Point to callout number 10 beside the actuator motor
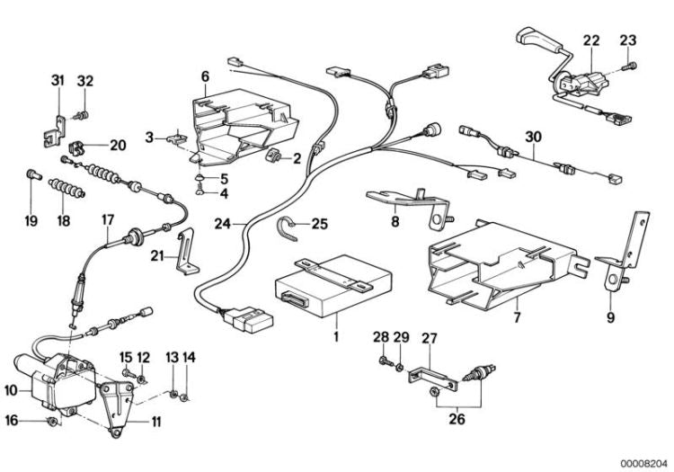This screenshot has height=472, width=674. click(x=11, y=389)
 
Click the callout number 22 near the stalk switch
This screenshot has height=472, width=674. click(x=590, y=40)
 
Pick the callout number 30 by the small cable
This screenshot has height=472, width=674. click(x=534, y=137)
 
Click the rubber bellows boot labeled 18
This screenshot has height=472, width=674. click(x=65, y=191)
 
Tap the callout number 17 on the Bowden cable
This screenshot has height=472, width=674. click(x=108, y=219)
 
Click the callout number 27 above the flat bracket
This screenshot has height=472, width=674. click(x=430, y=338)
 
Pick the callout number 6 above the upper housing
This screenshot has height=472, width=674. click(x=205, y=76)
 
